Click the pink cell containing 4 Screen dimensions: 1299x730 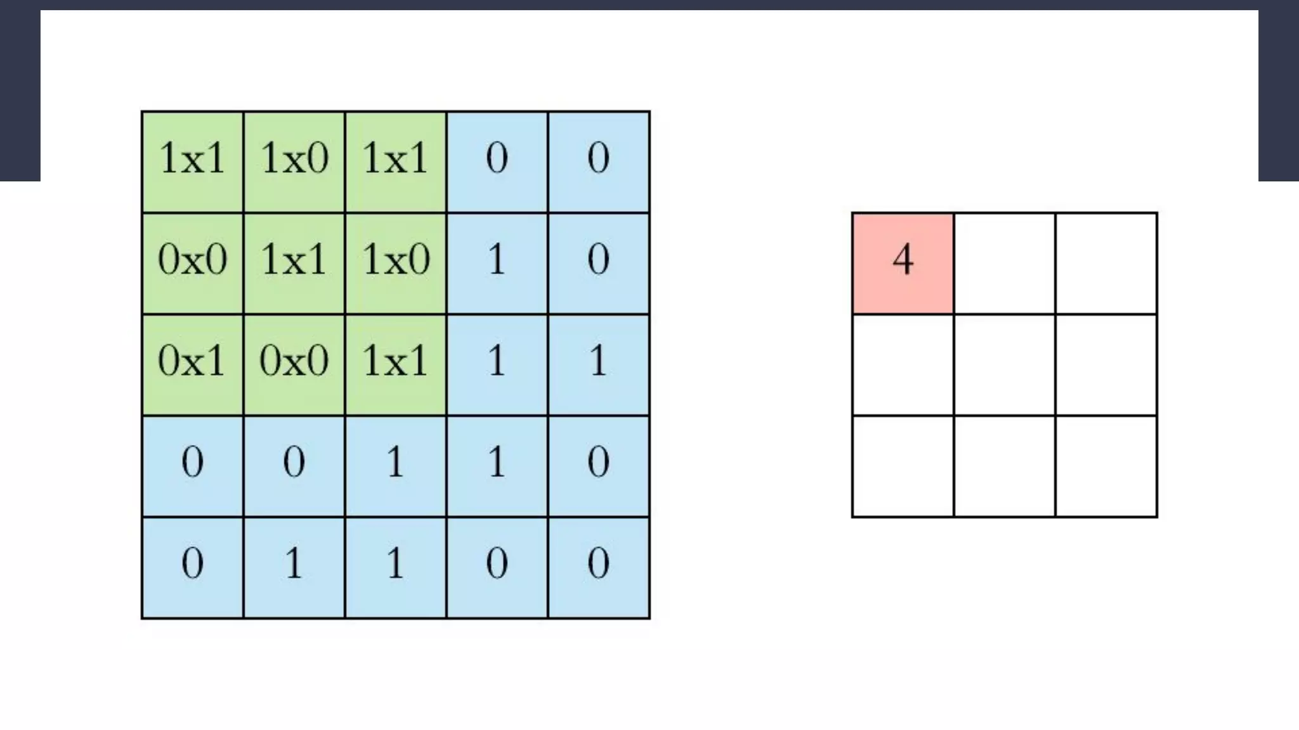(903, 263)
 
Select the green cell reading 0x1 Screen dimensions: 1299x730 (192, 364)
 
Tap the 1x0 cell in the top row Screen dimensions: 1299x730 (294, 162)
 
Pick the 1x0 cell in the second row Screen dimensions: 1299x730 (395, 263)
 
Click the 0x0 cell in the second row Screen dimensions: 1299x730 (192, 263)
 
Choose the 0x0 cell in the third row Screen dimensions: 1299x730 (294, 364)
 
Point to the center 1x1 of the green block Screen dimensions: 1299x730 (294, 263)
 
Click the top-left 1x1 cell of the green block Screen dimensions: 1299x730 (192, 162)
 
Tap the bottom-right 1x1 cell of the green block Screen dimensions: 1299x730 (395, 364)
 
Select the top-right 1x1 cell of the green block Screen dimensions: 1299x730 (395, 162)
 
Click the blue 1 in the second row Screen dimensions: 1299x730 (497, 263)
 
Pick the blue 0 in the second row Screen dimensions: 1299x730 (598, 263)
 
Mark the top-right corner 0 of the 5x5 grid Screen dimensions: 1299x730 (598, 162)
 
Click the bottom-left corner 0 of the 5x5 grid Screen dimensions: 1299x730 (192, 567)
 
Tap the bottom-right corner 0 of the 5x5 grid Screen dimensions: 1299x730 (598, 567)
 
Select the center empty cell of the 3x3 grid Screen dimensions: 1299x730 (1004, 364)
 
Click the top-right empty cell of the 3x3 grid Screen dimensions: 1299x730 (1106, 263)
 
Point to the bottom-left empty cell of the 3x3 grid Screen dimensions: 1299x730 (903, 466)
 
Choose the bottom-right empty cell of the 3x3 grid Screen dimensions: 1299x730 (1106, 466)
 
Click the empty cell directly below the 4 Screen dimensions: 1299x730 (903, 364)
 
